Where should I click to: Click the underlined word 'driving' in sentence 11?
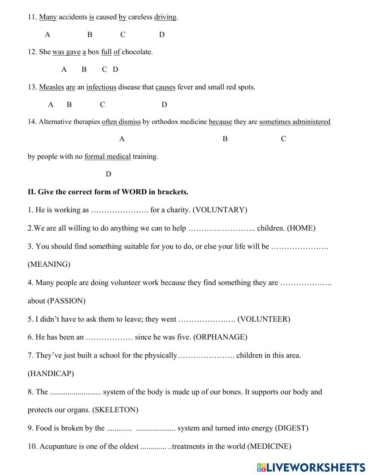pyautogui.click(x=165, y=17)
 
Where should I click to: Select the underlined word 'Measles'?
pyautogui.click(x=52, y=87)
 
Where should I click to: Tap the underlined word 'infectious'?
pyautogui.click(x=101, y=87)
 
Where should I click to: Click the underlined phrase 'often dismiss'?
pyautogui.click(x=121, y=122)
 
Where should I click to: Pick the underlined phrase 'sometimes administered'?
pyautogui.click(x=294, y=122)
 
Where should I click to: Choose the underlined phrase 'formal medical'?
pyautogui.click(x=107, y=156)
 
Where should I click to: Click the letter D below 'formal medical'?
pyautogui.click(x=108, y=174)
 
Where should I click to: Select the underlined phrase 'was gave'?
pyautogui.click(x=66, y=52)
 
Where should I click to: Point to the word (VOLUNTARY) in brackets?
pyautogui.click(x=220, y=210)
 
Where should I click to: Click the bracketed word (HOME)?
pyautogui.click(x=301, y=228)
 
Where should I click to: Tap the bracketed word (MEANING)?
pyautogui.click(x=49, y=264)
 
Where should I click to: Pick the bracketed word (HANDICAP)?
pyautogui.click(x=51, y=373)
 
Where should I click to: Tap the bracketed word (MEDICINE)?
pyautogui.click(x=269, y=446)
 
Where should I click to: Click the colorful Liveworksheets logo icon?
pyautogui.click(x=261, y=467)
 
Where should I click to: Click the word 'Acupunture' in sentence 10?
pyautogui.click(x=57, y=446)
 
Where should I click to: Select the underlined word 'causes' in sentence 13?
pyautogui.click(x=165, y=87)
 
